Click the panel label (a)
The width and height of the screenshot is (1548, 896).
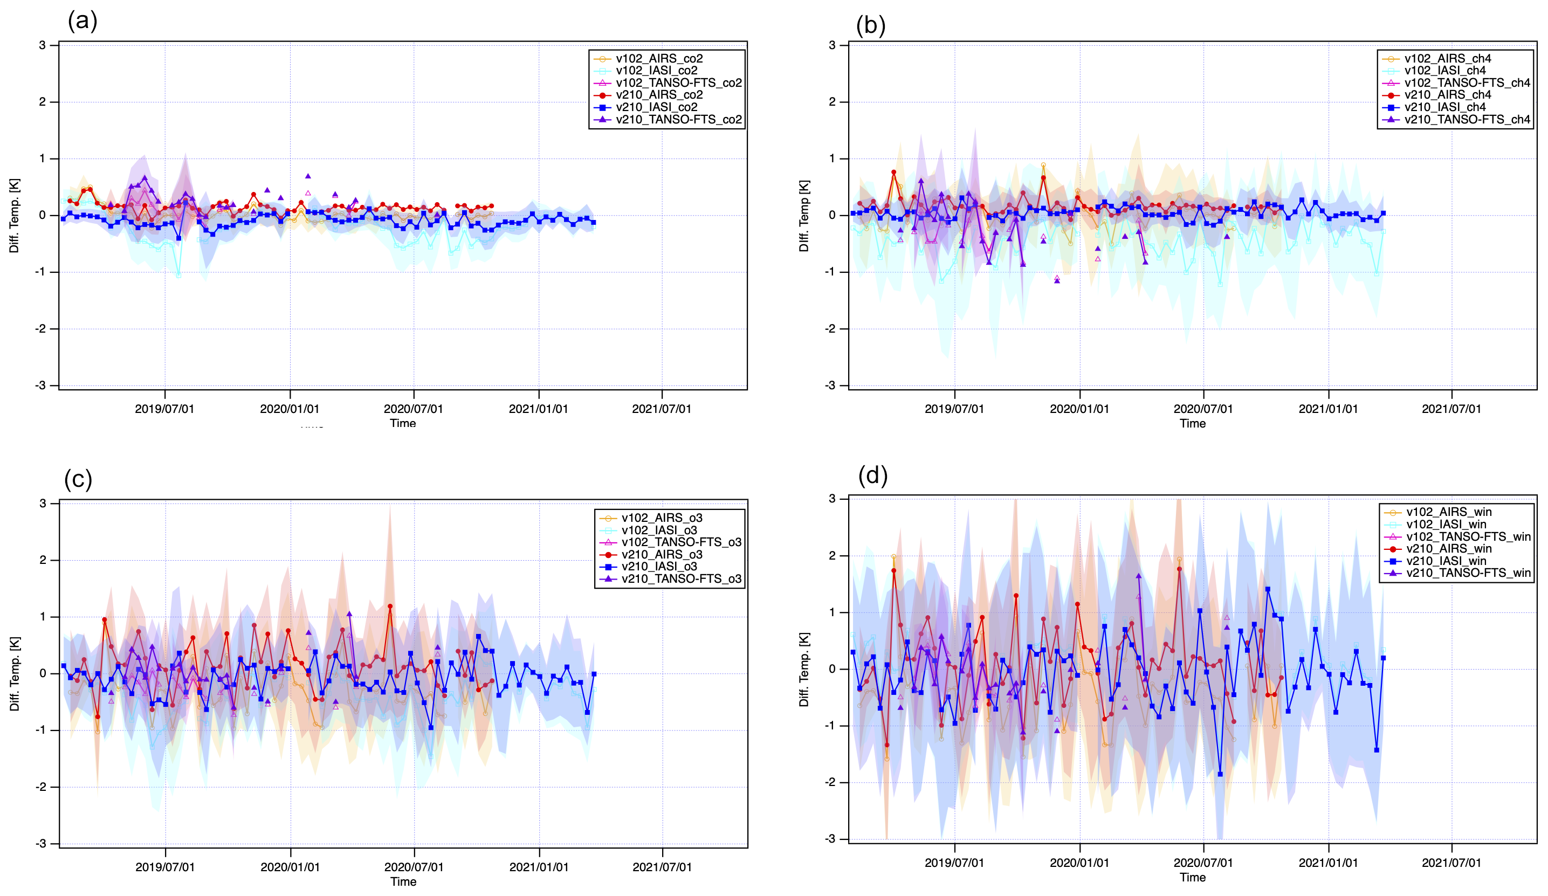[x=82, y=21]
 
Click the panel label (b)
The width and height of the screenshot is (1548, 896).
[x=870, y=26]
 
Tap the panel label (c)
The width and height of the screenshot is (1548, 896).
[x=78, y=479]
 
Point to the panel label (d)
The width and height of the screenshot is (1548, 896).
[x=873, y=475]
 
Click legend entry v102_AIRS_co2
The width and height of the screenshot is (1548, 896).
[x=659, y=58]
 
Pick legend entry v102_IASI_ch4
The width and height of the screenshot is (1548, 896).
[x=1445, y=71]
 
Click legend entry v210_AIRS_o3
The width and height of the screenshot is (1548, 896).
[x=662, y=555]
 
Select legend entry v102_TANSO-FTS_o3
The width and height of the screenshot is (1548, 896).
[x=680, y=542]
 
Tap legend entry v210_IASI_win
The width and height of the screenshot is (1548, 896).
[x=1446, y=561]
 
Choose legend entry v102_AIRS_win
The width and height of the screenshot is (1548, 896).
[x=1448, y=512]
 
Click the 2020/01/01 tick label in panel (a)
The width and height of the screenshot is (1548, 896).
[x=290, y=409]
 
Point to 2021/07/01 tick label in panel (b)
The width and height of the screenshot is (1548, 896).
[x=1451, y=409]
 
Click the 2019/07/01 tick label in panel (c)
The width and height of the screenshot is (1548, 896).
[x=164, y=867]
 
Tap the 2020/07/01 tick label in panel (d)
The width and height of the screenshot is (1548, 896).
[x=1203, y=863]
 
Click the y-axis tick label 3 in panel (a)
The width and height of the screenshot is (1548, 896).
[x=43, y=45]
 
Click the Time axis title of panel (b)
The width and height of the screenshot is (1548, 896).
[x=1192, y=424]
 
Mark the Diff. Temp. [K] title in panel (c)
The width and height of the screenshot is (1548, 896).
[x=15, y=674]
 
